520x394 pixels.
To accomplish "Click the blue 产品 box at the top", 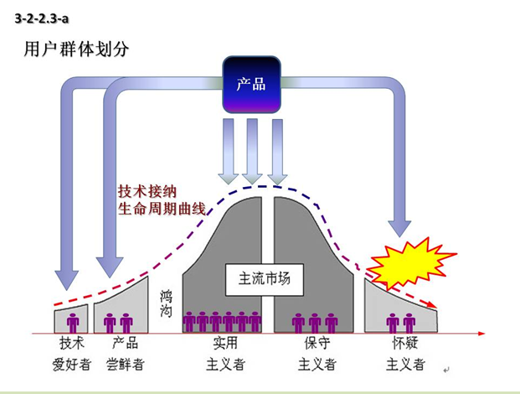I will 251,84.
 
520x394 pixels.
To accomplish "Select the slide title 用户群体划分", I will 77,49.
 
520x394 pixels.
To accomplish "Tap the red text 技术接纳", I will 151,191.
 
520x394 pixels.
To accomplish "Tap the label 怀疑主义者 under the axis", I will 404,353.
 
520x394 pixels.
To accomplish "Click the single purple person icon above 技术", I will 73,321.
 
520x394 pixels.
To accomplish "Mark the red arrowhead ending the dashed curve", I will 434,306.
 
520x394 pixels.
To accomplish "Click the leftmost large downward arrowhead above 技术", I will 66,277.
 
